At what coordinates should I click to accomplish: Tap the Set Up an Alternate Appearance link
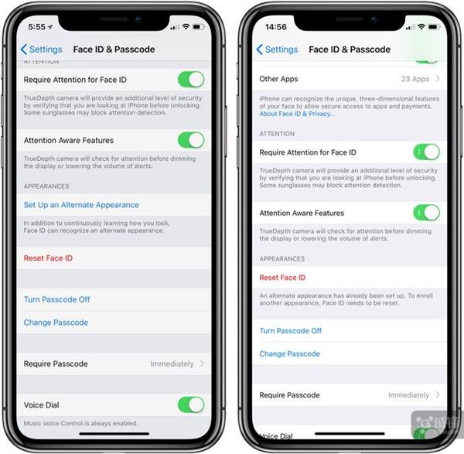click(x=81, y=205)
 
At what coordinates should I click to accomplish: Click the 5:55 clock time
click(x=37, y=26)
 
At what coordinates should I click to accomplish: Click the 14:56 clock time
click(x=275, y=26)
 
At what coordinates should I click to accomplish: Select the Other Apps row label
click(x=278, y=79)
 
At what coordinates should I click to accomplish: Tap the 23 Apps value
click(x=415, y=79)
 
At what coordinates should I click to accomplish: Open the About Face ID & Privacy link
click(x=297, y=114)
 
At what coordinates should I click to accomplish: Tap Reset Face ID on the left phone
click(x=48, y=258)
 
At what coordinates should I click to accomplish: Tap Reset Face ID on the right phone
click(x=282, y=278)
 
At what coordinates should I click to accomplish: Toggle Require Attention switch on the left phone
click(x=191, y=80)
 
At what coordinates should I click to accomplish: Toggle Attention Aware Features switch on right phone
click(x=426, y=213)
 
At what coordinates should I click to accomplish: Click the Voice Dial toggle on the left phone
click(x=191, y=405)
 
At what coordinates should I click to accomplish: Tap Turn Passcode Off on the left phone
click(x=56, y=299)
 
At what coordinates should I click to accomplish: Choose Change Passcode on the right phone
click(x=289, y=353)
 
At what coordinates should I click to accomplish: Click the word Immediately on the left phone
click(x=172, y=364)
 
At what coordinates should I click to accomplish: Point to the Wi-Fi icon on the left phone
click(x=183, y=26)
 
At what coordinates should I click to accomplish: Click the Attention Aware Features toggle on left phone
click(x=191, y=140)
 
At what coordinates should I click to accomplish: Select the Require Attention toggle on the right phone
click(x=426, y=152)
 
